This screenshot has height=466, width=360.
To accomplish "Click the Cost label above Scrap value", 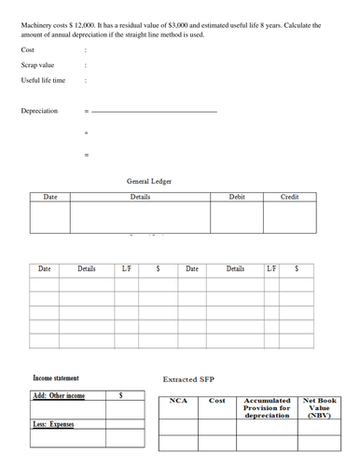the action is (x=27, y=49).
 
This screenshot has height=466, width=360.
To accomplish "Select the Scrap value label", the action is (x=37, y=65).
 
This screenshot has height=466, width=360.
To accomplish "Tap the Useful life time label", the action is (x=43, y=81).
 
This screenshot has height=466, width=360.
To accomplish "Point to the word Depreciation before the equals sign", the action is (x=39, y=111).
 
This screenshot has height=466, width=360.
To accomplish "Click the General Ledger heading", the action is (x=148, y=181).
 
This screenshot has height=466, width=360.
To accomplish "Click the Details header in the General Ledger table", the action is (x=141, y=198).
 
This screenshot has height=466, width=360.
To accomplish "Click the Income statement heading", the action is (x=56, y=378).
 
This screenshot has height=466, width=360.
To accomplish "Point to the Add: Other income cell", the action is (x=59, y=396).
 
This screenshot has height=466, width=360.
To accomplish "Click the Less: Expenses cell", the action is (x=54, y=425).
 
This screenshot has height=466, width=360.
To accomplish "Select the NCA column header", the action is (x=179, y=401).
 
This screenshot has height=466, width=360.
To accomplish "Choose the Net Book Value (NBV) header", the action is (x=319, y=408).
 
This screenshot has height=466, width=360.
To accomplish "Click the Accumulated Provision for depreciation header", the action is (x=267, y=408).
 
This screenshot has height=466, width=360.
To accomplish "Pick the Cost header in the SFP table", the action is (x=216, y=401).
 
